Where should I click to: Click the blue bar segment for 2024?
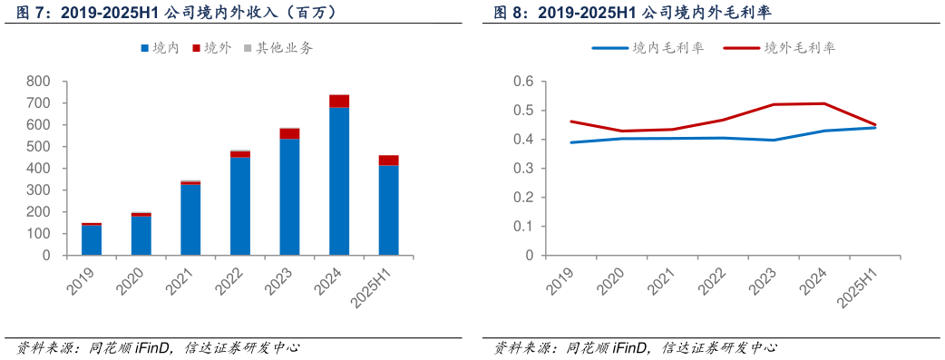tap(339, 181)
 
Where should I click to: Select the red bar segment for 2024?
tap(339, 101)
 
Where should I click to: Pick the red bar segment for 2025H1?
tap(388, 161)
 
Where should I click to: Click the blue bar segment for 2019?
tap(92, 240)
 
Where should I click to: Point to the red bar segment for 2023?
tap(289, 133)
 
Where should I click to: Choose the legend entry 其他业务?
tap(277, 48)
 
